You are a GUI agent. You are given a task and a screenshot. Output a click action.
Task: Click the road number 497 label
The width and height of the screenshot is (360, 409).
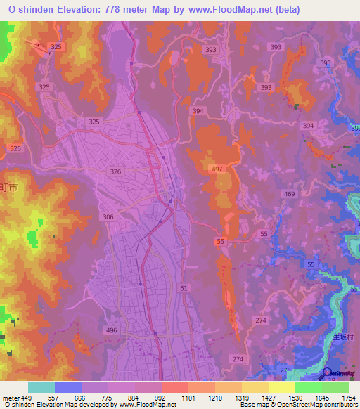coord(217,169)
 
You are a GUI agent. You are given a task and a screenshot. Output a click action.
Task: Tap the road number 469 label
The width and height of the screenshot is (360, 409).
coord(290,194)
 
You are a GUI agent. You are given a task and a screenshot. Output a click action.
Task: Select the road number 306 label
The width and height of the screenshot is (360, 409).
coord(108,217)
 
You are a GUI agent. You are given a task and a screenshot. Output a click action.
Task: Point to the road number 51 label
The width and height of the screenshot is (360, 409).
coord(184,288)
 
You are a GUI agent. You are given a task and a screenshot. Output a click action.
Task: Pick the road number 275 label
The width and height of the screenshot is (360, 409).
coord(285,370)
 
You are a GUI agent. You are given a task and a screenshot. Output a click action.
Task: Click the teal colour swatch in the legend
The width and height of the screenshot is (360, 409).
coord(41,387)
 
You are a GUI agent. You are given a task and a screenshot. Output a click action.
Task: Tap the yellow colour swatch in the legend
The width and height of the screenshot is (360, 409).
coord(282,387)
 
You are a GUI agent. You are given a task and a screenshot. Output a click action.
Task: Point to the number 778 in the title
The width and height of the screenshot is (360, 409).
coord(123,9)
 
